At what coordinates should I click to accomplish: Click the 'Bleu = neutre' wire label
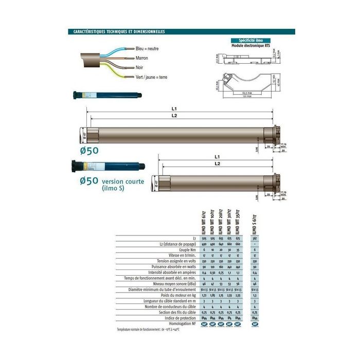147,49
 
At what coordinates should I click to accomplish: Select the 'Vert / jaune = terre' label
151,77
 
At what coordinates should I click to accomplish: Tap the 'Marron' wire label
141,58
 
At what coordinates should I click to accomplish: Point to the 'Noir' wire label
139,68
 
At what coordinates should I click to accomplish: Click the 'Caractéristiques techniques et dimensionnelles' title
116,31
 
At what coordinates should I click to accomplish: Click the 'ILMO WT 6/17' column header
204,222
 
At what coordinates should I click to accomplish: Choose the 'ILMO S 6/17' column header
256,222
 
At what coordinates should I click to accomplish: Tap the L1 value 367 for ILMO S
256,239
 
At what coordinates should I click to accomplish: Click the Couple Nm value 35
238,249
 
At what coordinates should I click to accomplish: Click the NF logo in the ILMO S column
256,325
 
